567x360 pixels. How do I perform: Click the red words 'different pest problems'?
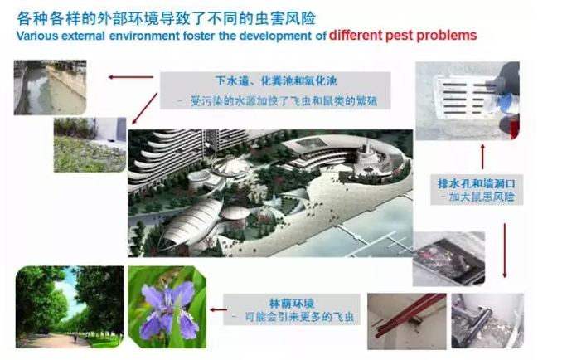403,36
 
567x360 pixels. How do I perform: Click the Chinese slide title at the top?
167,18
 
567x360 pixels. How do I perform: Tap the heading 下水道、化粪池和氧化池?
276,80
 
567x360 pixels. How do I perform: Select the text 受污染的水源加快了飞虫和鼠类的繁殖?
283,100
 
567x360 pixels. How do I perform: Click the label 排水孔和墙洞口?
477,183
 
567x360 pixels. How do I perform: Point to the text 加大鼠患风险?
482,197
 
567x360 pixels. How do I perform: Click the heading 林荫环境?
292,304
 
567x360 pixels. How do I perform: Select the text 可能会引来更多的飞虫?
299,317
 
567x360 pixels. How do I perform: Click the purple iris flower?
168,309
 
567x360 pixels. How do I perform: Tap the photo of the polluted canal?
50,88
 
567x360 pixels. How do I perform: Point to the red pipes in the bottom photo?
409,314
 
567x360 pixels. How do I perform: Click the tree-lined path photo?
70,307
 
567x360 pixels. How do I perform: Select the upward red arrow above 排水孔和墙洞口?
482,157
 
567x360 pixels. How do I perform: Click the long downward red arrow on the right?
505,251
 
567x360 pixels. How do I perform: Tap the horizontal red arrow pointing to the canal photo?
131,77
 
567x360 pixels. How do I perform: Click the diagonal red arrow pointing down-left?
144,109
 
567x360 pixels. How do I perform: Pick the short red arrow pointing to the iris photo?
218,309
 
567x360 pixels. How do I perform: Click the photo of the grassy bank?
90,144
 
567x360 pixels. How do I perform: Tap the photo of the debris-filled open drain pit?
448,259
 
